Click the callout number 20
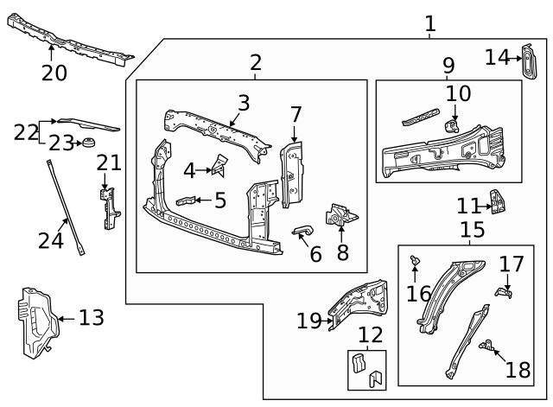(54, 73)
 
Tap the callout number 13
(91, 318)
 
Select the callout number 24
(51, 239)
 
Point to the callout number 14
(497, 57)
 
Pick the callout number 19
(308, 321)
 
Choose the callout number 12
(370, 334)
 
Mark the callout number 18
(518, 370)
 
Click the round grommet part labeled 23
(86, 142)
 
